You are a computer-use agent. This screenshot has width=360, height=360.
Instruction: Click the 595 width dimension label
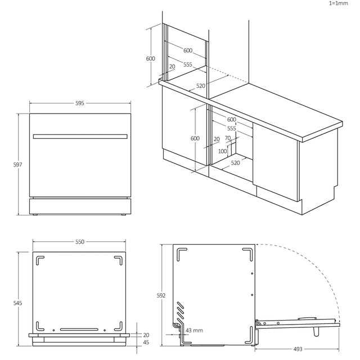click(x=80, y=103)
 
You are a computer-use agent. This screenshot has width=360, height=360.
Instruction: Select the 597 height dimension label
click(x=17, y=165)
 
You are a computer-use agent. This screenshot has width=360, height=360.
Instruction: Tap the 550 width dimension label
click(x=80, y=242)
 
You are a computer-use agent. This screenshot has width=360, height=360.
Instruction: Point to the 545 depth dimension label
click(x=17, y=303)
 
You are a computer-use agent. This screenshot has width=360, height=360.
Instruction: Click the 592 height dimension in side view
click(x=161, y=295)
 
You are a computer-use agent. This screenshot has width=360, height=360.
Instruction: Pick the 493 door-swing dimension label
click(x=298, y=349)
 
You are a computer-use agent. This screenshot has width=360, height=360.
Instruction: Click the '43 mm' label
click(x=194, y=330)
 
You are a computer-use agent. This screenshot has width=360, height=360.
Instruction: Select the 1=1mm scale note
click(x=339, y=3)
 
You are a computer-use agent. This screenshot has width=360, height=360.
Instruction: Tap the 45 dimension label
click(x=146, y=343)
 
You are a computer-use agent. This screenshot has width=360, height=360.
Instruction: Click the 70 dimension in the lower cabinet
click(x=228, y=138)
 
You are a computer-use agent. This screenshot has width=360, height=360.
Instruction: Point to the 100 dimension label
click(x=223, y=151)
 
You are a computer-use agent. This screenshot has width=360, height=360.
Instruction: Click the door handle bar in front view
click(x=80, y=137)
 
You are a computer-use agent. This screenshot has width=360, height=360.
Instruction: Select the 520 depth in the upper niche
click(x=201, y=86)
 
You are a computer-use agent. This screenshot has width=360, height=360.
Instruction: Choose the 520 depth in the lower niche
click(x=235, y=163)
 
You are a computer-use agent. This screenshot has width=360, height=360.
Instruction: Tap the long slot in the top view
click(x=79, y=330)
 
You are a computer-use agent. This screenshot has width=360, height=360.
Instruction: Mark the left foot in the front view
click(x=35, y=215)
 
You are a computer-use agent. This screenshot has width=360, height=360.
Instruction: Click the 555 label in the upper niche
click(x=188, y=65)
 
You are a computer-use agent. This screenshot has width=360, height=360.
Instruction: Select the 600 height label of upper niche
click(x=151, y=58)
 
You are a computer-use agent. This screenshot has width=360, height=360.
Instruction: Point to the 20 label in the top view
click(x=146, y=335)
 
